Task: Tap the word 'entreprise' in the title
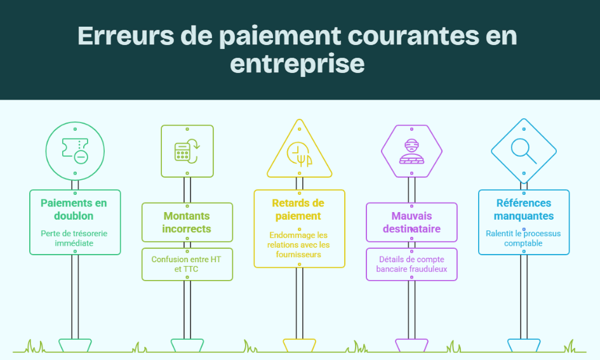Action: pyautogui.click(x=297, y=64)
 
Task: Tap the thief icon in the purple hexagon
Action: pyautogui.click(x=411, y=152)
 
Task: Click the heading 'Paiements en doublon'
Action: pyautogui.click(x=74, y=210)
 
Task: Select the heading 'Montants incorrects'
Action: pyautogui.click(x=187, y=222)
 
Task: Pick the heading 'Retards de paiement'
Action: pyautogui.click(x=298, y=210)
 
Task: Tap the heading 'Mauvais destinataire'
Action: pyautogui.click(x=411, y=222)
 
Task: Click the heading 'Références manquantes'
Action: pyautogui.click(x=523, y=210)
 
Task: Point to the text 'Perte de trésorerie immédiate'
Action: pyautogui.click(x=74, y=238)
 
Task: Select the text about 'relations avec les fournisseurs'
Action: pyautogui.click(x=299, y=245)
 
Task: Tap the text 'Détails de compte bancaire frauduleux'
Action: pyautogui.click(x=411, y=264)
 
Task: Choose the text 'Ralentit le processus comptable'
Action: pyautogui.click(x=523, y=238)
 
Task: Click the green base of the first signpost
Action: pyautogui.click(x=75, y=345)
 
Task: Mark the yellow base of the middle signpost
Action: pyautogui.click(x=299, y=345)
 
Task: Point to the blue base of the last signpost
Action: pyautogui.click(x=524, y=345)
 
